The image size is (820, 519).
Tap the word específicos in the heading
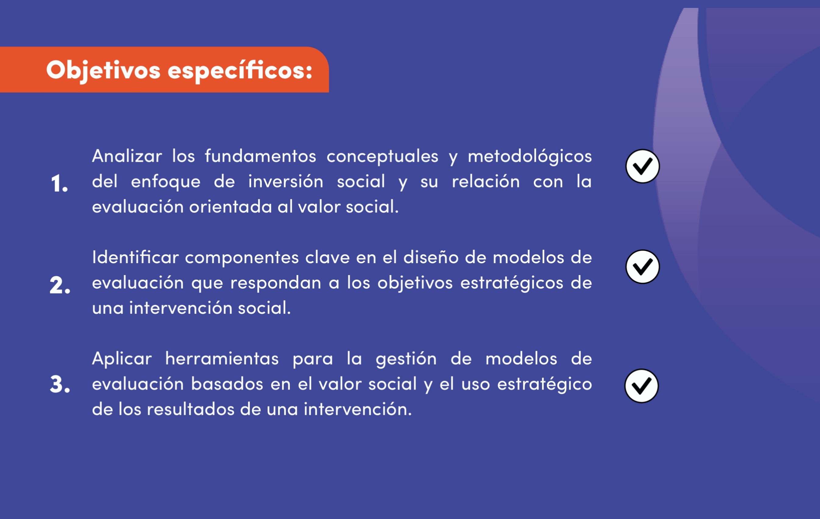tap(240, 70)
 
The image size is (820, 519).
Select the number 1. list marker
tap(59, 183)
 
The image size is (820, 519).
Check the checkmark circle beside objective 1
tap(643, 166)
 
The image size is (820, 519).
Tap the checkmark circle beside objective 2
tap(643, 267)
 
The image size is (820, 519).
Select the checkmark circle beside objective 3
tap(641, 386)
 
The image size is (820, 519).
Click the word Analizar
tap(127, 156)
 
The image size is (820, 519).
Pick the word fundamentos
tap(261, 156)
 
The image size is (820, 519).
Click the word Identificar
tap(135, 257)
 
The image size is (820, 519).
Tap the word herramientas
tap(222, 359)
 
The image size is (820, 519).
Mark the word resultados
tap(191, 409)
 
